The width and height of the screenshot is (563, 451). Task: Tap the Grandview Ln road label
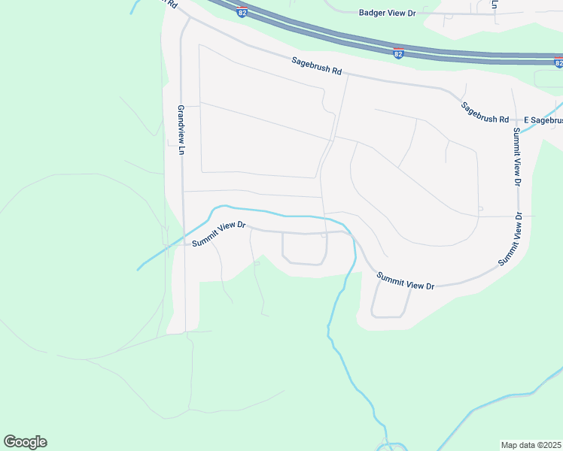pyautogui.click(x=181, y=130)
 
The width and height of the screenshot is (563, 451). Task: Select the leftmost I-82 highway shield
pyautogui.click(x=242, y=12)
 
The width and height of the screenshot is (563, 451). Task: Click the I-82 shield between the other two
pyautogui.click(x=398, y=53)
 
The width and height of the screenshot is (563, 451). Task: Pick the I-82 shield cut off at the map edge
pyautogui.click(x=558, y=62)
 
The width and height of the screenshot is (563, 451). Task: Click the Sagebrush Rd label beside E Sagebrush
pyautogui.click(x=486, y=114)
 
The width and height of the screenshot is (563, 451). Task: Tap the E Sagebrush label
pyautogui.click(x=543, y=120)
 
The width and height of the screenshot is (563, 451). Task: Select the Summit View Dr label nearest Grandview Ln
pyautogui.click(x=218, y=235)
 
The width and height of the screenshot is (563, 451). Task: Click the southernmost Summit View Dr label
pyautogui.click(x=406, y=281)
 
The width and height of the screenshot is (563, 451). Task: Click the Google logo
pyautogui.click(x=25, y=442)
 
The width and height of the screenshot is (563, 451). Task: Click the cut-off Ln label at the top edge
pyautogui.click(x=495, y=4)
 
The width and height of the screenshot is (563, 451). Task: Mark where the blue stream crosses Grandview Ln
pyautogui.click(x=184, y=235)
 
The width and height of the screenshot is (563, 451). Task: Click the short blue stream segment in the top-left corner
pyautogui.click(x=135, y=7)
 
